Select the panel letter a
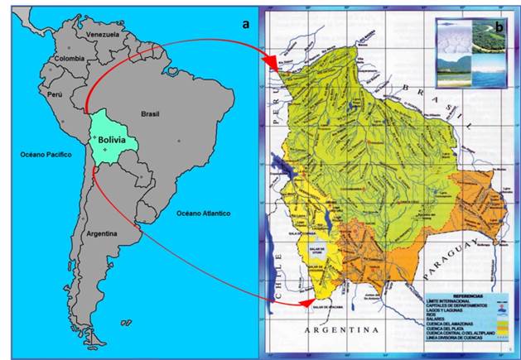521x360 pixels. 245,23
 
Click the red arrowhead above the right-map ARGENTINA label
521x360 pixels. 307,305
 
